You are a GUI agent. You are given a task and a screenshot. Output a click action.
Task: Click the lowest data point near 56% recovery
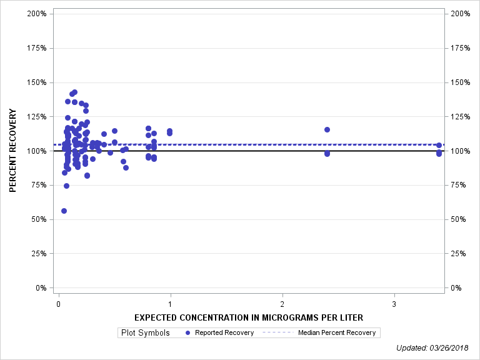[x=64, y=211]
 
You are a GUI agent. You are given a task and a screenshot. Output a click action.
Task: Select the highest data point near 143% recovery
[x=74, y=92]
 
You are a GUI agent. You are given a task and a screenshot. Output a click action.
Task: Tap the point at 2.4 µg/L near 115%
[x=327, y=129]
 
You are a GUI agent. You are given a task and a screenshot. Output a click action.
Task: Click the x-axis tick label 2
[x=282, y=304]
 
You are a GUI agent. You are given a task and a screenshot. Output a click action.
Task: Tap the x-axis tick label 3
[x=394, y=304]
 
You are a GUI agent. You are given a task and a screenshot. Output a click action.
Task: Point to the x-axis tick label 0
[x=58, y=304]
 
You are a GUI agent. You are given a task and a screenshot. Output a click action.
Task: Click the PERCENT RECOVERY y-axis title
[x=12, y=151]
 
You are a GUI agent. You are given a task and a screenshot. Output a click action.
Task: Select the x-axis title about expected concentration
[x=248, y=317]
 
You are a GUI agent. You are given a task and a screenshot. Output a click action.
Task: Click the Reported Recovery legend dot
[x=188, y=332]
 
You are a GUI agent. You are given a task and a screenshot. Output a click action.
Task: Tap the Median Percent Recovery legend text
[x=337, y=332]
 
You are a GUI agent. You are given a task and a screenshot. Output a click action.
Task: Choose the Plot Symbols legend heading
[x=144, y=332]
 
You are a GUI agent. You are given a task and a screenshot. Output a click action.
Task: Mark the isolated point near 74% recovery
[x=66, y=186]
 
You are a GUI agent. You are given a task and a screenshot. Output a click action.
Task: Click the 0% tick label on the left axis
[x=41, y=288]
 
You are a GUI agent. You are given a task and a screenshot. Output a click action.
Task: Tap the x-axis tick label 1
[x=170, y=304]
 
